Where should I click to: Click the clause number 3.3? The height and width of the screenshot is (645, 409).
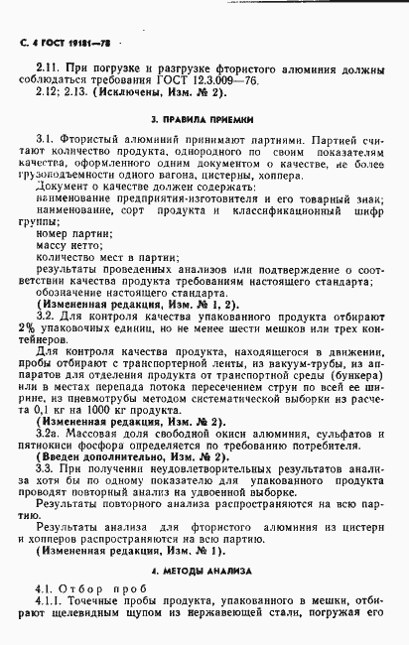click(x=46, y=472)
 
